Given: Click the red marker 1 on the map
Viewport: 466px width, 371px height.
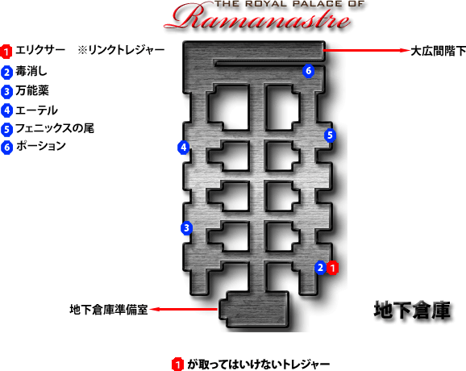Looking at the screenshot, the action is (332, 268).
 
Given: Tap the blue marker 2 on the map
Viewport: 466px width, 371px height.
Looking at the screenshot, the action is (320, 268).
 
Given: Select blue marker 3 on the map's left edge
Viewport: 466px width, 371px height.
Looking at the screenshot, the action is (186, 228).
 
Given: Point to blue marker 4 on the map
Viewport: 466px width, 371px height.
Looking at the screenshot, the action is (183, 148).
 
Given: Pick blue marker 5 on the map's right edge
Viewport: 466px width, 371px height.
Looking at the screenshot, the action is (330, 135).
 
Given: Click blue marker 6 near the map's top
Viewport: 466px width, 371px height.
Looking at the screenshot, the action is (308, 71).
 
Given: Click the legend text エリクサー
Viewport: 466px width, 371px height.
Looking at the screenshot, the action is (40, 50).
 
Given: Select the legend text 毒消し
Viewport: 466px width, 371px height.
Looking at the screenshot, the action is (31, 71).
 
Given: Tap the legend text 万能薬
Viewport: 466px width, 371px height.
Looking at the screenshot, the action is (32, 90).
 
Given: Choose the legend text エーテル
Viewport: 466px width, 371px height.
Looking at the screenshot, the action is (36, 110).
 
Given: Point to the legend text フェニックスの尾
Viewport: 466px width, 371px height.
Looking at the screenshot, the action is (55, 128).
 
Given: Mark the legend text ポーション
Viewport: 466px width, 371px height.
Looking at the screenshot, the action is (41, 146).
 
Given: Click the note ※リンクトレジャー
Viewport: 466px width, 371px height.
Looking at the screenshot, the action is (121, 50).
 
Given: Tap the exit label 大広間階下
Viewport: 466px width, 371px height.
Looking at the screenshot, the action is (438, 51).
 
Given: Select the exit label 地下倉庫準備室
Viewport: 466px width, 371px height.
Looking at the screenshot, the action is (109, 310).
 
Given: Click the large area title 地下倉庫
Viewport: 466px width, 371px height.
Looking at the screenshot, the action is (412, 310).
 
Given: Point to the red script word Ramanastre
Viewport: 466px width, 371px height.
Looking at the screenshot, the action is (258, 19).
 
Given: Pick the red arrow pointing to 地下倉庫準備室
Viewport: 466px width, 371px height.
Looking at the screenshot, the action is (183, 309).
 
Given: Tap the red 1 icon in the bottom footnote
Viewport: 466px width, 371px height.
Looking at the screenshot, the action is (177, 365).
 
